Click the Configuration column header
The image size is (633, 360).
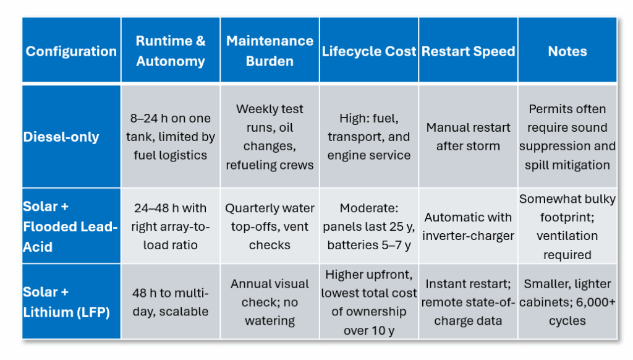pos(72,50)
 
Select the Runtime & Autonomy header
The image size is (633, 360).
pos(171,50)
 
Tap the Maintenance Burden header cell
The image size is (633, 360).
pos(270,50)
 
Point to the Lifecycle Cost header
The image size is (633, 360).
pos(369,50)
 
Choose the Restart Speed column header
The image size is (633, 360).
pos(469,50)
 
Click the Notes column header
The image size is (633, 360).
pos(567,50)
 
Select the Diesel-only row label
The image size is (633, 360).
pos(72,136)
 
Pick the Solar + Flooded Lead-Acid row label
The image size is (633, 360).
pos(72,226)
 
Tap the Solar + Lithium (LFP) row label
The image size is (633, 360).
pos(72,301)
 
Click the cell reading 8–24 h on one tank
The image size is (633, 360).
pos(171,136)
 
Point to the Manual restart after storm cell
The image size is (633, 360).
pos(469,136)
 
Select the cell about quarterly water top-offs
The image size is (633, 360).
pos(270,226)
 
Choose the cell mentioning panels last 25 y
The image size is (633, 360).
pos(369,226)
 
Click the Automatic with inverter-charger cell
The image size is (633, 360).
pos(469,226)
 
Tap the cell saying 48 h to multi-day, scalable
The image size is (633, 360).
pos(171,301)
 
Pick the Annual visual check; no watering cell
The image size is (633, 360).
pos(270,301)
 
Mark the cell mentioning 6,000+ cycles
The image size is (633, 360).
pos(567,301)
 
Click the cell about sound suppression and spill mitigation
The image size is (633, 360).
pos(567,136)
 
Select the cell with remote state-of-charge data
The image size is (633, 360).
pos(469,301)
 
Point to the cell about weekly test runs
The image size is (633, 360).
pos(270,136)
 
